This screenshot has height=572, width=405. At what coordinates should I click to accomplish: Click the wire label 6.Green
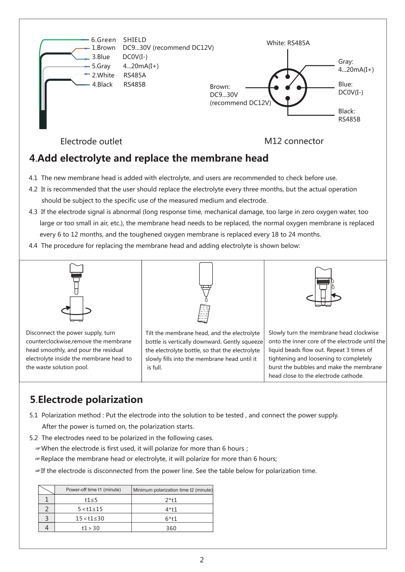(x=103, y=40)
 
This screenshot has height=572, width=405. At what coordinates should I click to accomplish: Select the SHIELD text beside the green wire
(x=134, y=40)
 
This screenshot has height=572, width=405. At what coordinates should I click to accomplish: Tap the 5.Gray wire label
(x=101, y=66)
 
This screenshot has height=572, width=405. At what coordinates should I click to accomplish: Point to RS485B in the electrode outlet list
(x=134, y=84)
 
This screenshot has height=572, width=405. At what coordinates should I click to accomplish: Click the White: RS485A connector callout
(x=288, y=43)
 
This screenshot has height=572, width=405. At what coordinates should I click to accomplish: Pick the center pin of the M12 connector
(x=288, y=88)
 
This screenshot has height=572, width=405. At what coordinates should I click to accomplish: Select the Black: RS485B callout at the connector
(x=349, y=115)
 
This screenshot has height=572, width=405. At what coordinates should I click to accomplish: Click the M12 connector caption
(x=294, y=141)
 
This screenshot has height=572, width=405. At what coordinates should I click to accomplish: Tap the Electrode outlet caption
(x=91, y=142)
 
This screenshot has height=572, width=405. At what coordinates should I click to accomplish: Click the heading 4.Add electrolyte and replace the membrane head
(x=149, y=158)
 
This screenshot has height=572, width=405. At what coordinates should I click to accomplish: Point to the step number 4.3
(x=33, y=212)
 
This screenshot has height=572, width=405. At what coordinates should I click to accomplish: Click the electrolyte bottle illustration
(x=206, y=277)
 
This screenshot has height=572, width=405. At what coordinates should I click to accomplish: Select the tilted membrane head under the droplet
(x=204, y=313)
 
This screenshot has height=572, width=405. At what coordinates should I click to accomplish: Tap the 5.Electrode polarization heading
(x=86, y=399)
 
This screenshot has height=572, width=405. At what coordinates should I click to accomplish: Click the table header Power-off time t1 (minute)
(x=93, y=490)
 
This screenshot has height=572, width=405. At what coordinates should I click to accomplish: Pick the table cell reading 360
(x=171, y=528)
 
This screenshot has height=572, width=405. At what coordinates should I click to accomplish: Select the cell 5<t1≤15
(x=90, y=509)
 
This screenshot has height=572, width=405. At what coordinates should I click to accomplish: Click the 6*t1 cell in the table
(x=171, y=519)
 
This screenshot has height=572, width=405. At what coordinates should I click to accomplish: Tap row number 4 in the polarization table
(x=47, y=528)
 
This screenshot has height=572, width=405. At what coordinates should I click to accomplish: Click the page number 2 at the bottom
(x=202, y=560)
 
